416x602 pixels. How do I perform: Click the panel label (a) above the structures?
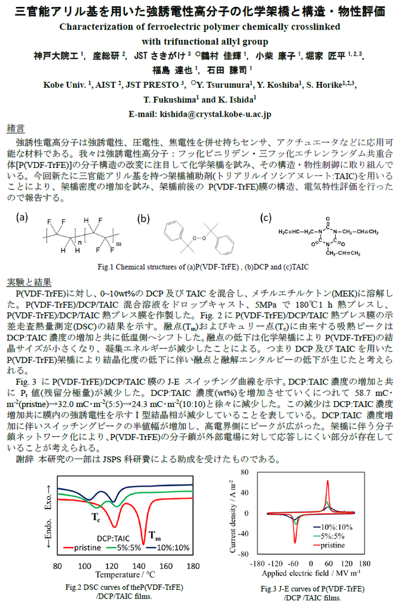pos(22,217)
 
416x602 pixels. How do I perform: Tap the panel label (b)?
pos(143,218)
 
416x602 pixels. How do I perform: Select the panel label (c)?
pos(266,217)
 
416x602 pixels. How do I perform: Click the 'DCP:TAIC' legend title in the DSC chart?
pos(113,538)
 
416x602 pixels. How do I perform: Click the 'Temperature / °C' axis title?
pos(125,575)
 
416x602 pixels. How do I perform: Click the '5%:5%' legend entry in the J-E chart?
pos(333,536)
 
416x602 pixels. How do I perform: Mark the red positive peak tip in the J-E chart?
pos(328,481)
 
